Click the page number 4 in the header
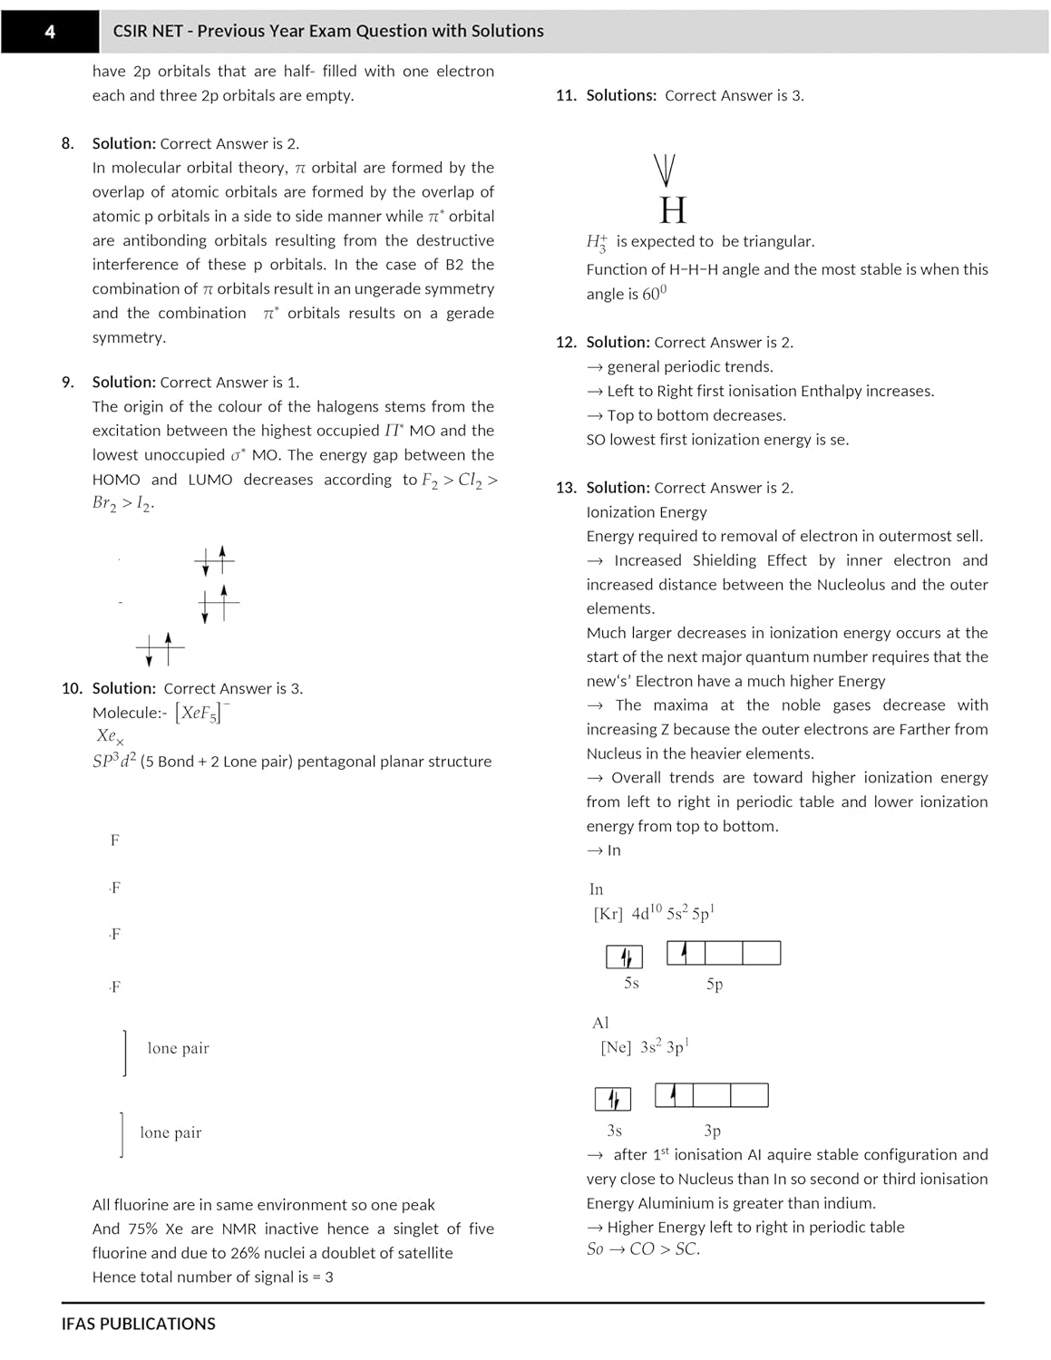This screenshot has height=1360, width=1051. coord(50,32)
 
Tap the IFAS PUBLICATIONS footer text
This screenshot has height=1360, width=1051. coord(138,1324)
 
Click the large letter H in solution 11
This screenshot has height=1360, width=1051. coord(673,210)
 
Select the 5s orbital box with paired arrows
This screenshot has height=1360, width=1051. coord(624,957)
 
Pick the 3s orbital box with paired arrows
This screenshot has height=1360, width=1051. coord(612,1099)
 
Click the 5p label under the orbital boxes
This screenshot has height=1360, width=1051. coord(715,984)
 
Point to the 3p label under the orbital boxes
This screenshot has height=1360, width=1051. coord(712,1131)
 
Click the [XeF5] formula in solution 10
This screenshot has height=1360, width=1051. coord(201,713)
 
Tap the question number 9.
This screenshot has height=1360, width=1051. coord(68,383)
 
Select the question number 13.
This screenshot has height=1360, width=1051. coord(566,488)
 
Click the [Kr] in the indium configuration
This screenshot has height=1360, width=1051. coord(608,914)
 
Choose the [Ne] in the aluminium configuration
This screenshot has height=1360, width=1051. coord(616,1047)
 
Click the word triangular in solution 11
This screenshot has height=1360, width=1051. coord(779,241)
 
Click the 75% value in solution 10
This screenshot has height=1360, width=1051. coord(143,1229)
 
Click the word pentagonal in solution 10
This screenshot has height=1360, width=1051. coord(337,762)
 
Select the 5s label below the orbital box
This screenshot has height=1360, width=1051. coord(631,983)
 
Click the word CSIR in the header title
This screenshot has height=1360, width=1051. coord(131,31)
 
